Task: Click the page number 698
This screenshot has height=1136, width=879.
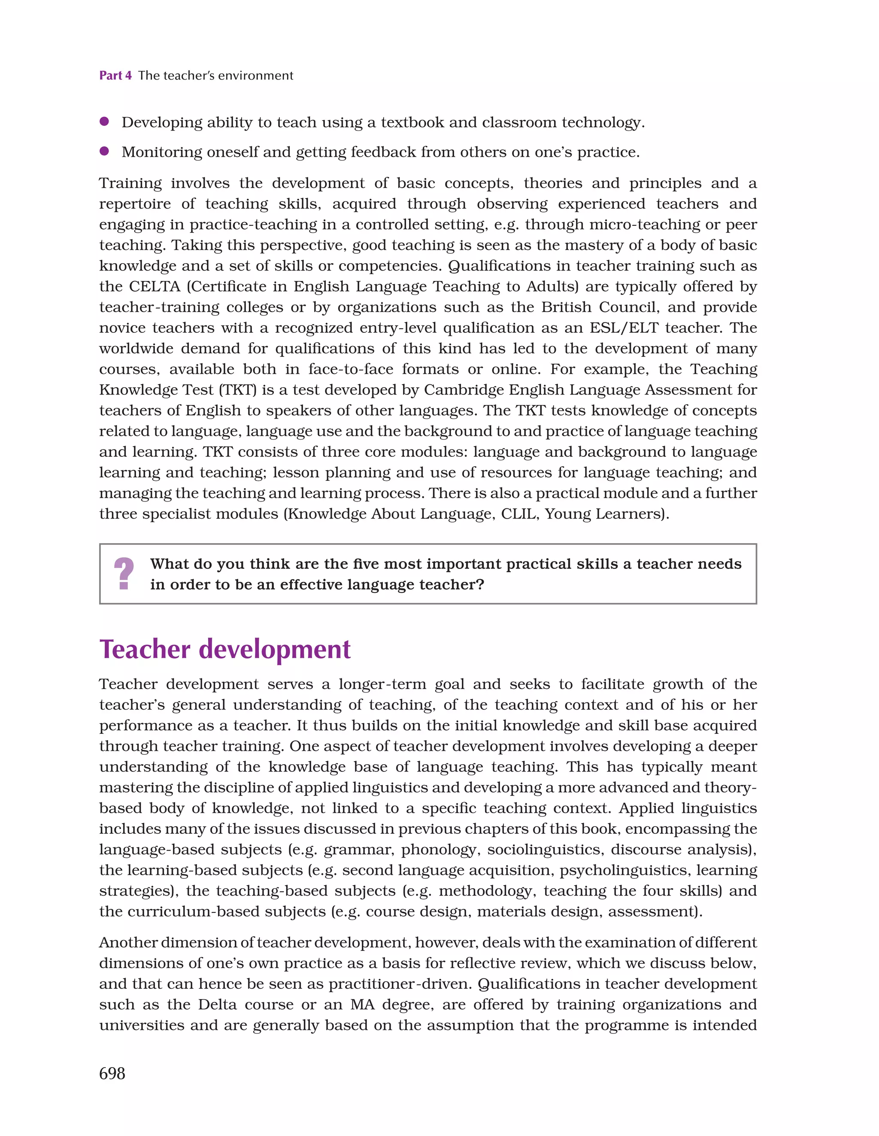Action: [112, 1074]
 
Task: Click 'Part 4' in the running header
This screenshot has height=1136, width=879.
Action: [115, 76]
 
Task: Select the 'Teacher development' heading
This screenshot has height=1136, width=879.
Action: [225, 650]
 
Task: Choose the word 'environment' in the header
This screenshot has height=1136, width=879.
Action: [255, 76]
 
